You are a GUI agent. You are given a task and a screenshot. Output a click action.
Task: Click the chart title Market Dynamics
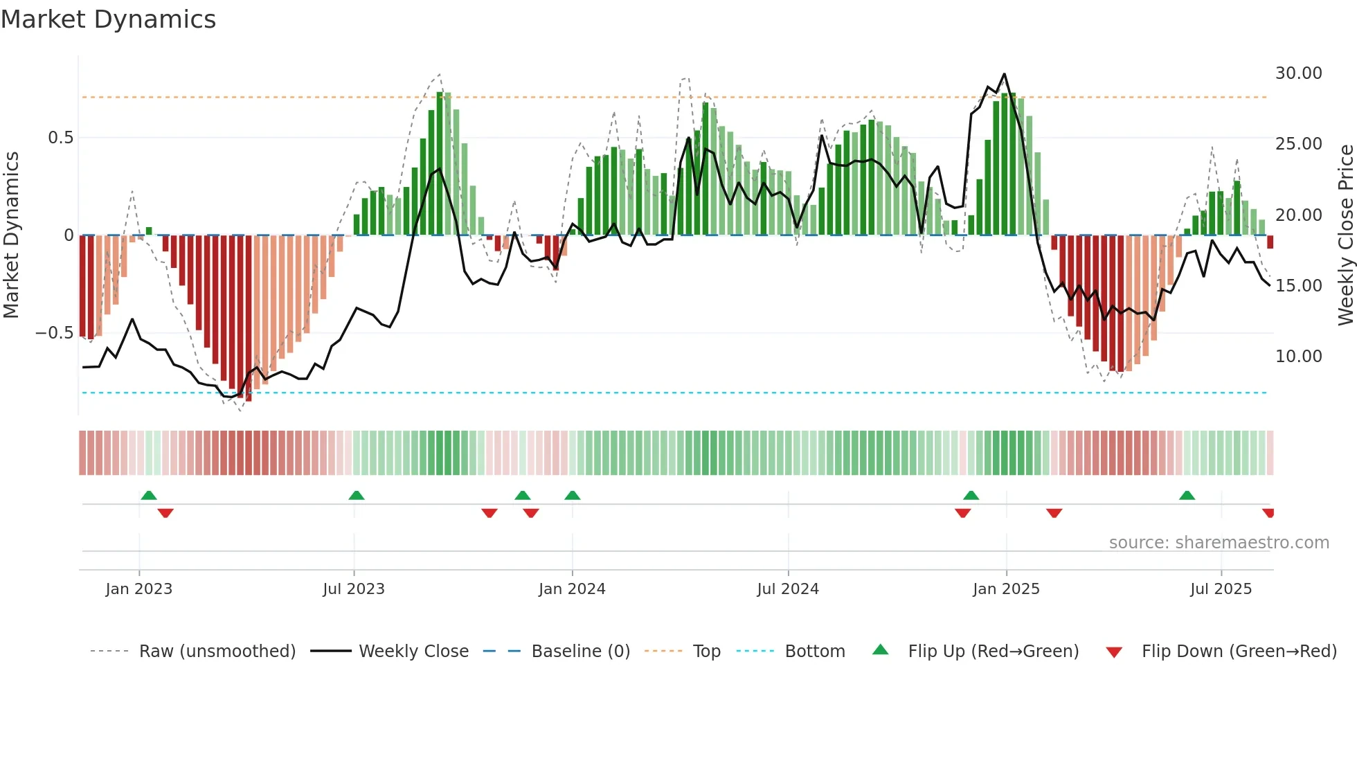[x=109, y=19]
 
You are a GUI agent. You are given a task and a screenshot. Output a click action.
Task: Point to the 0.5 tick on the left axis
[x=60, y=138]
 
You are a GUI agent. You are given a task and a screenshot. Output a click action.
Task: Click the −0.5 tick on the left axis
[x=55, y=333]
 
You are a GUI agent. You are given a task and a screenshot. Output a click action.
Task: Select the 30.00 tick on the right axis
[x=1298, y=73]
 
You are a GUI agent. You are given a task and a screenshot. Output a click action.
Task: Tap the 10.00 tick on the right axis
[x=1298, y=357]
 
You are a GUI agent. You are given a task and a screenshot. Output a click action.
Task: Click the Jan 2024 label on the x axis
[x=572, y=589]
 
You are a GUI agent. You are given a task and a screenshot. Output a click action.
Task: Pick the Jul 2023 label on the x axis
[x=354, y=589]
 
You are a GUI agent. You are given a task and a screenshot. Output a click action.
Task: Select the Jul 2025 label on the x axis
[x=1221, y=589]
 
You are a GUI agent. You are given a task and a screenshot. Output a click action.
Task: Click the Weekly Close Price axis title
[x=1345, y=235]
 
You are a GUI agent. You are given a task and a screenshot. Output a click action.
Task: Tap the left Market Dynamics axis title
[x=11, y=235]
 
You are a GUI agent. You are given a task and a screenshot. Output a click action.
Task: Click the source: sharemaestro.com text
[x=1219, y=543]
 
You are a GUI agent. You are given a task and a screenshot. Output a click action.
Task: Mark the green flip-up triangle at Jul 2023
[x=357, y=496]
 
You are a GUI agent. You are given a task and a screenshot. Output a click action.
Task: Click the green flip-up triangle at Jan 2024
[x=572, y=496]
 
